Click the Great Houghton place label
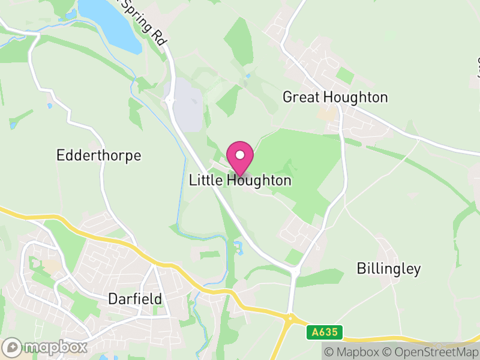pos(335,97)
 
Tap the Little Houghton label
pos(240,180)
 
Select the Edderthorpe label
pos(98,156)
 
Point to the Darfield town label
pos(135,299)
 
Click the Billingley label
pos(389,269)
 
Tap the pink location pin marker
pos(240,158)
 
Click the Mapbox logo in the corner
pos(45,347)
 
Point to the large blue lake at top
pos(111,24)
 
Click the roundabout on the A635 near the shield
pos(290,317)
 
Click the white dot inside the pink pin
pos(240,155)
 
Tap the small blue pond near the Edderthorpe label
pos(13,125)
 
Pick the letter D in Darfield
pos(113,299)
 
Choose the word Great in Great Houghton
pos(301,97)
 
